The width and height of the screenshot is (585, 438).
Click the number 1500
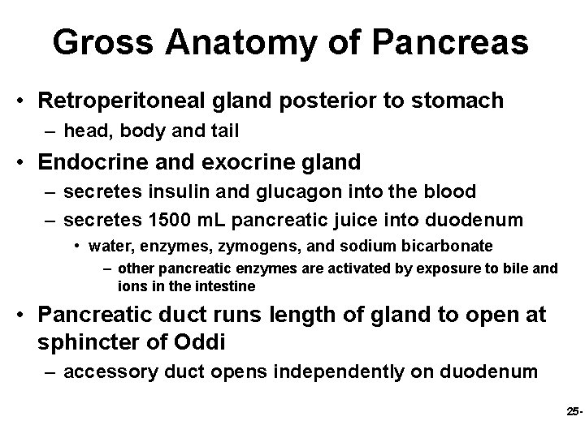(x=161, y=219)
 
